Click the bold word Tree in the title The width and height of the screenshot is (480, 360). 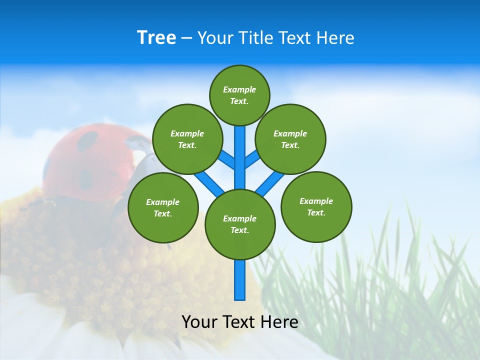click(156, 38)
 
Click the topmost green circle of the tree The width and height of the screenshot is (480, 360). click(239, 95)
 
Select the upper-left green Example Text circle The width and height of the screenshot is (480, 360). click(187, 139)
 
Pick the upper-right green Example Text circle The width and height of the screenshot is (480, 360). click(290, 139)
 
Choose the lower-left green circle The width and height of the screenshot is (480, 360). click(163, 207)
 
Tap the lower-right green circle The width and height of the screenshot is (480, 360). click(316, 206)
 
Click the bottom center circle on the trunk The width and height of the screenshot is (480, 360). click(240, 224)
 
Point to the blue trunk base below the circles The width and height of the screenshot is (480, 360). click(240, 280)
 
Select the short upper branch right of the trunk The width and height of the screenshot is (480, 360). click(251, 159)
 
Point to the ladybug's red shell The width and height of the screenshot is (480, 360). click(85, 160)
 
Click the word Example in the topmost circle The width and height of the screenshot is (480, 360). click(239, 89)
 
